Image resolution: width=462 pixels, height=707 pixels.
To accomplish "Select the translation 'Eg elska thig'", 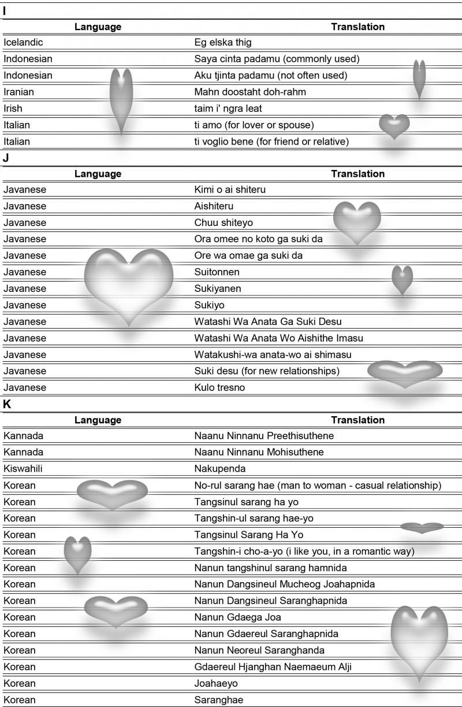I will click(222, 42).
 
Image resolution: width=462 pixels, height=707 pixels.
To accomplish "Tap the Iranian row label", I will click(20, 92).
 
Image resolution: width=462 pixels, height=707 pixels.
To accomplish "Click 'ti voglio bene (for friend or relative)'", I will click(271, 141).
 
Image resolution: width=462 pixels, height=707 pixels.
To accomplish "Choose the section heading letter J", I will click(6, 157).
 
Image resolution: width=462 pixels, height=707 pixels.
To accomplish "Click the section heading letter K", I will click(7, 404).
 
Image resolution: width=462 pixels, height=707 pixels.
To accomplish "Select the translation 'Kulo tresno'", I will click(219, 387).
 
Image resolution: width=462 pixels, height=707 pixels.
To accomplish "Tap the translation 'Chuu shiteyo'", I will click(223, 223).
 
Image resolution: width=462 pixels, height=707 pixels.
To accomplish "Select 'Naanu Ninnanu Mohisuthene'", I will click(259, 452).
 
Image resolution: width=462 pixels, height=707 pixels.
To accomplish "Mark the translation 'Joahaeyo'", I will click(215, 683).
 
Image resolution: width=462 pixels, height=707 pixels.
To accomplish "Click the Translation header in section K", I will click(357, 420).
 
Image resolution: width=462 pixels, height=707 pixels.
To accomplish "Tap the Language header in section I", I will click(98, 27).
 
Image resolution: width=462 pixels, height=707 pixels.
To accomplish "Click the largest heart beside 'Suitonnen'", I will click(129, 283).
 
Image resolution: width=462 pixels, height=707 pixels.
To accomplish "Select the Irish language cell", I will click(13, 108).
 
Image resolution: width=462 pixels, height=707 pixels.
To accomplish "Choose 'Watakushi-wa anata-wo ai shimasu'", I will click(273, 354).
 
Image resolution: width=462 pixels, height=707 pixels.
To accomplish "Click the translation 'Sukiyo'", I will click(209, 305).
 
